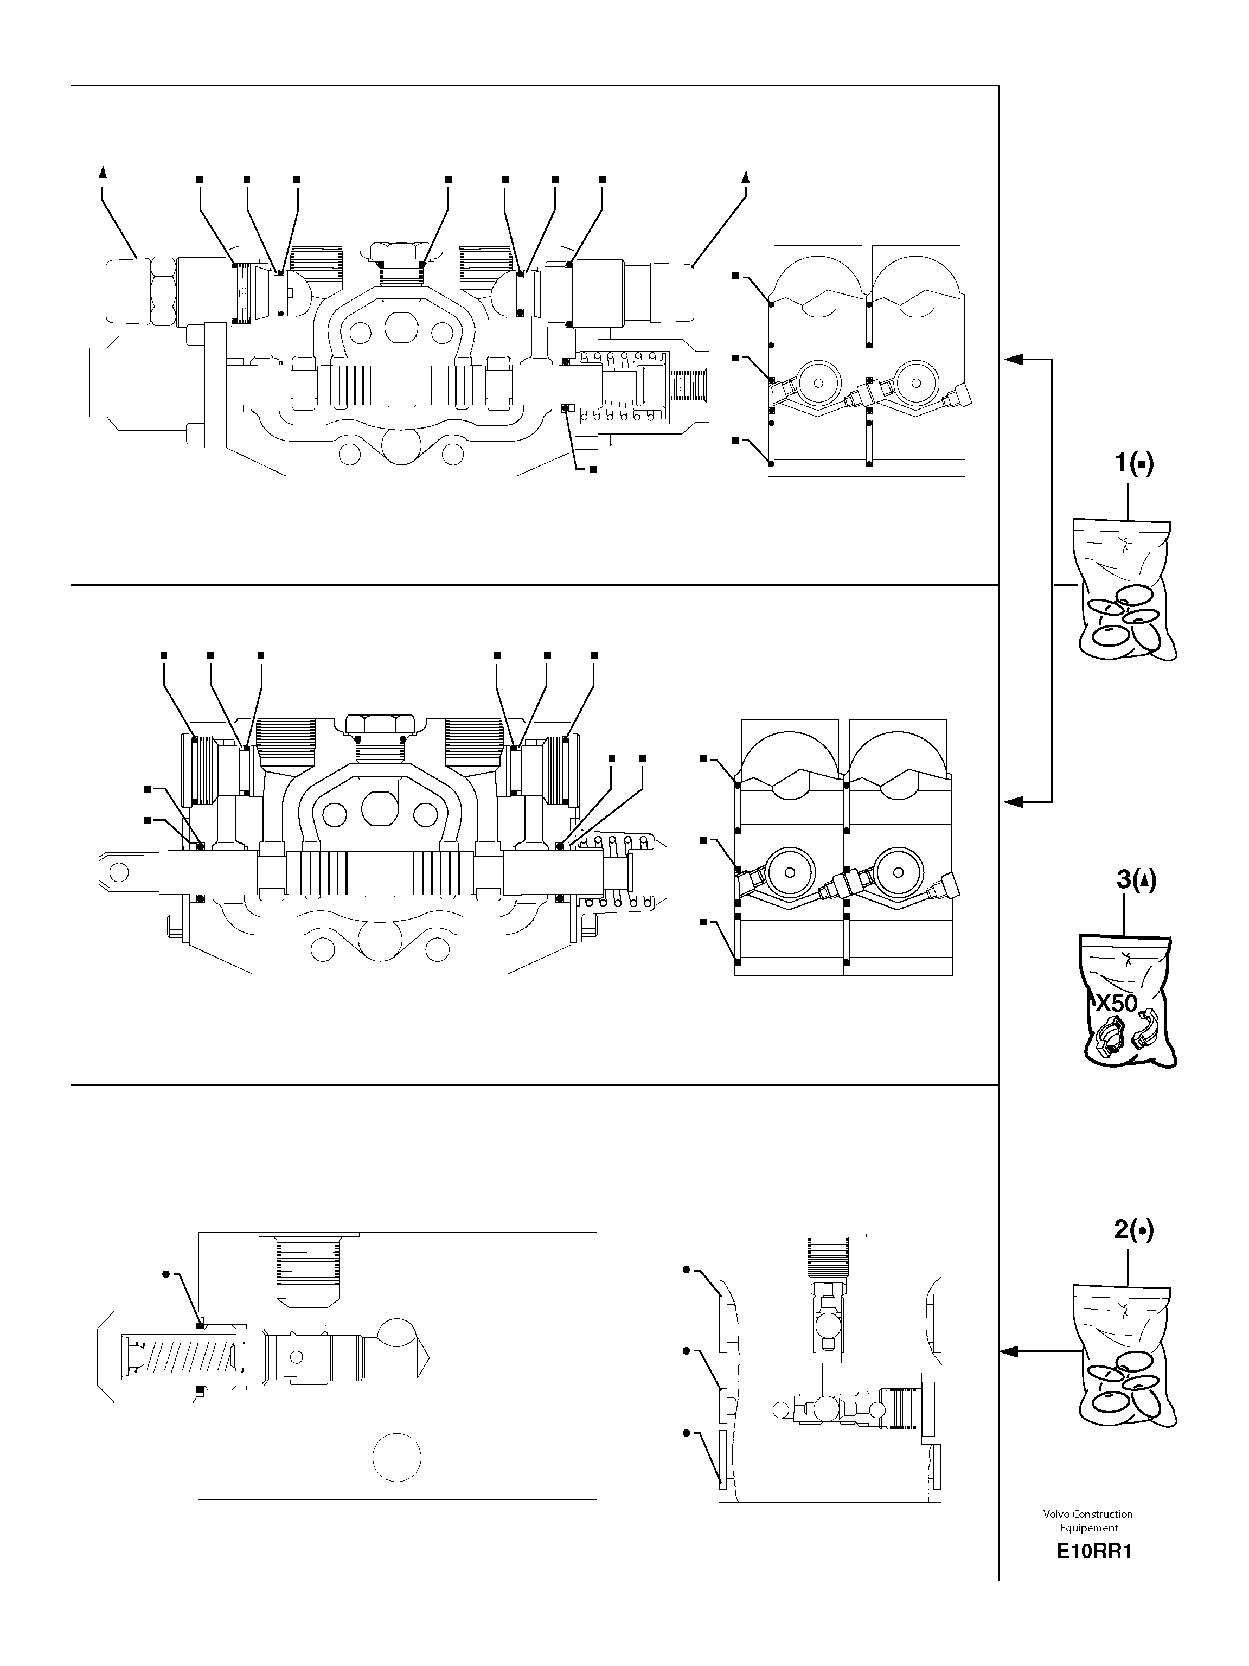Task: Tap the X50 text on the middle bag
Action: pos(1115,1003)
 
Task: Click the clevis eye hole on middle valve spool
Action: pos(118,872)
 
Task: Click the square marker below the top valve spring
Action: pos(593,469)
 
